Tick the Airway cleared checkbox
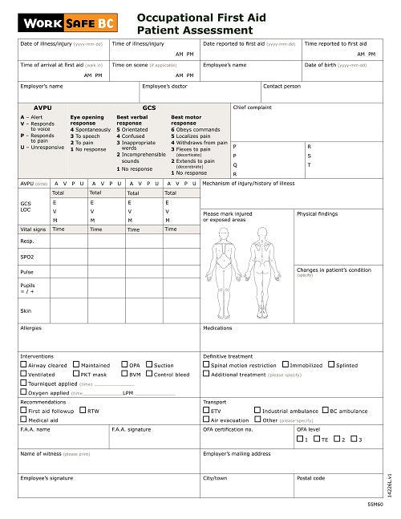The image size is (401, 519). click(23, 365)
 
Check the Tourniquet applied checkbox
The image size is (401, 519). click(23, 383)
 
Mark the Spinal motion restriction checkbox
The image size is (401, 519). click(207, 365)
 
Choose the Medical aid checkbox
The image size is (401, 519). click(23, 420)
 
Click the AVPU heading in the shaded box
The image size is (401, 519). click(43, 107)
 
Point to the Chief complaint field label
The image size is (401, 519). click(252, 105)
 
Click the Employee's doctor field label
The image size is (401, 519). click(164, 86)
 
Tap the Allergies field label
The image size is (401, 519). click(31, 328)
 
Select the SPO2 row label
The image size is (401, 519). click(28, 257)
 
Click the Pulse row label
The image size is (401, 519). click(26, 272)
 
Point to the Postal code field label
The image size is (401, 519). click(312, 477)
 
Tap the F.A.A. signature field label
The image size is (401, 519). click(132, 429)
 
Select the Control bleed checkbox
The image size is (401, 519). click(150, 374)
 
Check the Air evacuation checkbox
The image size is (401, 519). click(207, 420)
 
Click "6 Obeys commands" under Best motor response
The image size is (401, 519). click(195, 129)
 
